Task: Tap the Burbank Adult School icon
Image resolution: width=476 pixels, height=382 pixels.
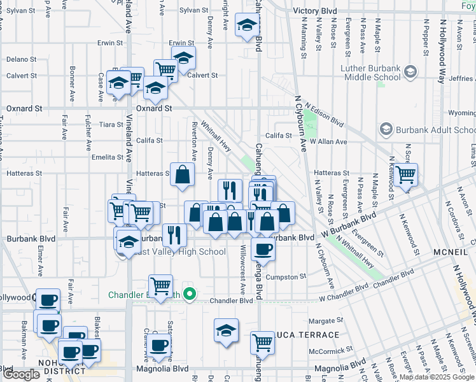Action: pos(386,130)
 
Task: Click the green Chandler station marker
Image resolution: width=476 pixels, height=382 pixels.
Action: pos(188,294)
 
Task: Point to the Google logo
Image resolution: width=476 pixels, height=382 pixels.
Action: pos(22,374)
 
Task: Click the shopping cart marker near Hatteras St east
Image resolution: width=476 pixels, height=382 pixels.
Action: pos(405,174)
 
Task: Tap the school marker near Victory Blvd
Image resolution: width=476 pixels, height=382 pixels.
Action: pos(246,26)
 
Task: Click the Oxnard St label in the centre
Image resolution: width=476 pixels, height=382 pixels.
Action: pos(154,109)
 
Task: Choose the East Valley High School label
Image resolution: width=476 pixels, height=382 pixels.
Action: pos(180,251)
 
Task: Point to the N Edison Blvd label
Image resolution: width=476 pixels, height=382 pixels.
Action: pos(324,114)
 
